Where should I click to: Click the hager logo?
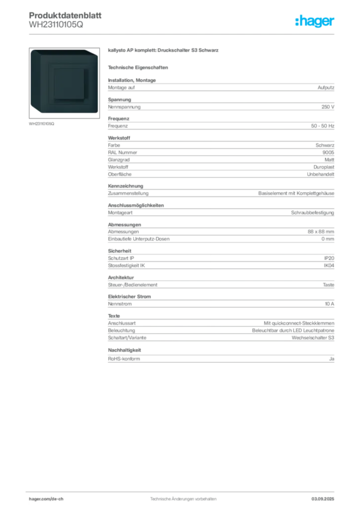point(315,21)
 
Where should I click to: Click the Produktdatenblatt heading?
point(65,15)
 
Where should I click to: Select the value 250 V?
point(328,107)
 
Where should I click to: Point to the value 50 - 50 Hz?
point(323,126)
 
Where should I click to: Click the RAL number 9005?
point(328,153)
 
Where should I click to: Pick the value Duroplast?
point(324,167)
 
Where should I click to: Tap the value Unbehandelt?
point(321,174)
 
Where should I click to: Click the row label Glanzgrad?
point(119,160)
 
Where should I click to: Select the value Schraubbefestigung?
point(313,213)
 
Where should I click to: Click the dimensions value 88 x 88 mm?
point(321,232)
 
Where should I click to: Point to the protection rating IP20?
point(329,258)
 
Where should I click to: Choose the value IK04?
point(329,265)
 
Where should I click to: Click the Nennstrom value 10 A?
point(330,304)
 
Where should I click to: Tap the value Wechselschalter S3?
point(313,338)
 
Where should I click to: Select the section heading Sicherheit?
point(119,251)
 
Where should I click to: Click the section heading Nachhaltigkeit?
point(124,350)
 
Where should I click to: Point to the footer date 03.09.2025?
point(323,499)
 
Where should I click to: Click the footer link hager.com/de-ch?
point(46,499)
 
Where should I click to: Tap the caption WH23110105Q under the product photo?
point(42,124)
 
